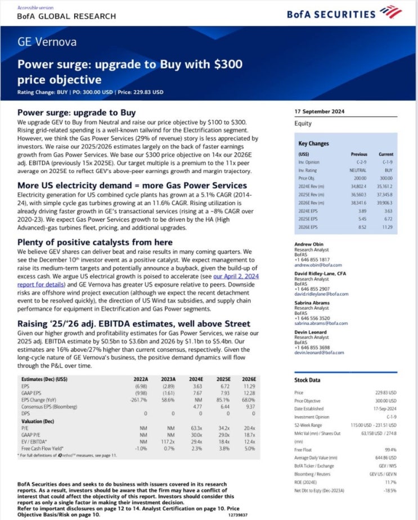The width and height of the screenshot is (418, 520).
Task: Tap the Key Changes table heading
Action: (314, 143)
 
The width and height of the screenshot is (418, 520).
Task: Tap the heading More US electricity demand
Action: (132, 186)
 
